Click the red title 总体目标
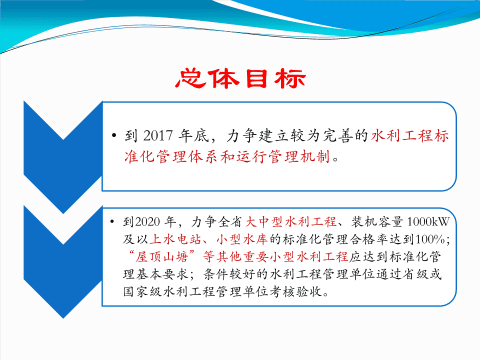pos(240,78)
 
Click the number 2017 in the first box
pos(158,135)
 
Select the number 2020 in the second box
pos(147,221)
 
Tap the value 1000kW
pos(428,221)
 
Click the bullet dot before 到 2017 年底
pos(114,135)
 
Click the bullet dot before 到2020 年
pos(112,221)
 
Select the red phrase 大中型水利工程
pos(291,221)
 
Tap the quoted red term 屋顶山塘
pos(162,256)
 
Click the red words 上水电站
pos(175,239)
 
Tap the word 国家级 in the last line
pos(142,291)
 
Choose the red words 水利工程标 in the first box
pos(410,135)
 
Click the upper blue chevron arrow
pos(63,156)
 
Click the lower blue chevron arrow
pos(63,261)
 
